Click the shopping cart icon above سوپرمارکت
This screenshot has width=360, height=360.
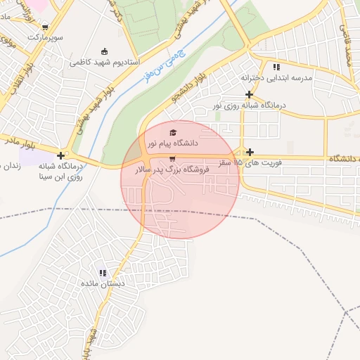point(45,27)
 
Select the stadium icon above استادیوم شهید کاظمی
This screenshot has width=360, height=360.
point(105,51)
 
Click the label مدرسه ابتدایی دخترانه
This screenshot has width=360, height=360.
point(276,77)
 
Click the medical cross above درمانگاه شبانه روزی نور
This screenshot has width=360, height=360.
point(248,94)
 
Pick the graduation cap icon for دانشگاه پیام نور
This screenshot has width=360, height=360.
point(173,132)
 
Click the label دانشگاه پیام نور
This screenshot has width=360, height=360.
point(172,143)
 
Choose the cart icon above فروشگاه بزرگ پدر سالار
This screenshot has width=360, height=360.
point(172,158)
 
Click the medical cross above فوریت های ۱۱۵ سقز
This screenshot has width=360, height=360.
point(250,152)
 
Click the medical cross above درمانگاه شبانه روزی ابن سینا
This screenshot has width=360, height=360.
point(62,156)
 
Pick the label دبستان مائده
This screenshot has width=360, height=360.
point(103,284)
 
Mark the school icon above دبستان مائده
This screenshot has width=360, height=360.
point(103,273)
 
